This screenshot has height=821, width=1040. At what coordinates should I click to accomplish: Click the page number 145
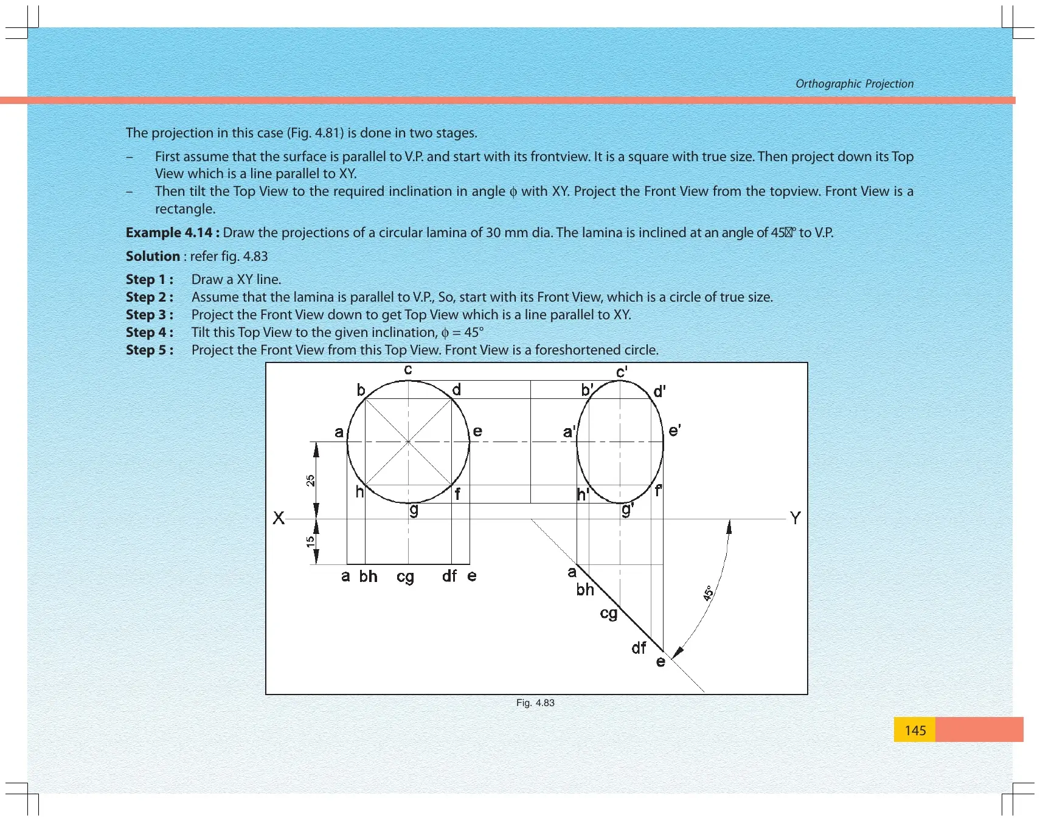tap(915, 730)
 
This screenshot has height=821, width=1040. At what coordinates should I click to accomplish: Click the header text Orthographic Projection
tap(855, 84)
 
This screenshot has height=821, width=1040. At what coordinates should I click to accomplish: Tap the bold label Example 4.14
tap(173, 232)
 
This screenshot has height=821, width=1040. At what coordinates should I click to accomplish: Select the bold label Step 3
tap(150, 314)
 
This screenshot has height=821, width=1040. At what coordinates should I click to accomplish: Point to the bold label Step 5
tap(150, 350)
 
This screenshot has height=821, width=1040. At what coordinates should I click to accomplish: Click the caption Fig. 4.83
tap(535, 703)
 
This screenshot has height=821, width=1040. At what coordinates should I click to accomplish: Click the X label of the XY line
tap(279, 518)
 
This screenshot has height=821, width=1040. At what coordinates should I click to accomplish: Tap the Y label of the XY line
tap(795, 518)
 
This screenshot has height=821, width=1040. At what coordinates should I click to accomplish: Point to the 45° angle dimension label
tap(709, 594)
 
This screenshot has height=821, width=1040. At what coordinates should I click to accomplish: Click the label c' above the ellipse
tap(622, 372)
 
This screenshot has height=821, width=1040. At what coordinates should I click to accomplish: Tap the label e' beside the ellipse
tap(674, 431)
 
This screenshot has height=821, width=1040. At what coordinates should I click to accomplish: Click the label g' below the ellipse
tap(628, 510)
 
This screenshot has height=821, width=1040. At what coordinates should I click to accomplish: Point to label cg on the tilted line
tap(609, 614)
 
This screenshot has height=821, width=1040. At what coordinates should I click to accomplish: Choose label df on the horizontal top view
tap(449, 576)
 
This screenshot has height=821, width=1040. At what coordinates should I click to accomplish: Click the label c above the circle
tap(408, 370)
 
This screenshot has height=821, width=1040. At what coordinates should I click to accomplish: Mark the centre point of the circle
tap(408, 442)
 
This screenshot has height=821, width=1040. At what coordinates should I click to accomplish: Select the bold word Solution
tap(153, 256)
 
